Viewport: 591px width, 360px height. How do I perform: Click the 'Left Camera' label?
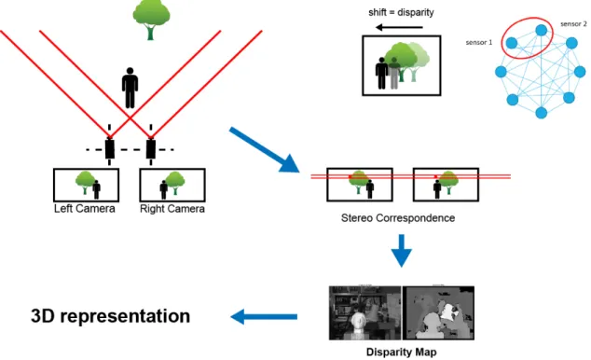85,209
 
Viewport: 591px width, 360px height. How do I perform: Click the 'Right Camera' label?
172,209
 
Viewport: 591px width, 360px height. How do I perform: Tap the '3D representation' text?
110,316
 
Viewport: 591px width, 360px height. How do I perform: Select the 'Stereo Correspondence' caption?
398,218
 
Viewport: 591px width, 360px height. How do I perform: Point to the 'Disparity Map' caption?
402,353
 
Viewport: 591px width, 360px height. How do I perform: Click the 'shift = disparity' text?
401,12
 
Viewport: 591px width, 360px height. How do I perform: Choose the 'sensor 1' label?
479,43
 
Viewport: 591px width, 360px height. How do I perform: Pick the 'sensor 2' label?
573,23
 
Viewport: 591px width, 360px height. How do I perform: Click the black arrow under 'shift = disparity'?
399,27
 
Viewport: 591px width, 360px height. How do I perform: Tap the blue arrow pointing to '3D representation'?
264,317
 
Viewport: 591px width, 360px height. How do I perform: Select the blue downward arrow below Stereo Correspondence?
402,251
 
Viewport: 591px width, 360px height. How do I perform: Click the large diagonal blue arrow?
265,150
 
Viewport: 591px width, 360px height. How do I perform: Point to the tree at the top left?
151,20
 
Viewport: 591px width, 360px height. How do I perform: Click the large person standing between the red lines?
130,88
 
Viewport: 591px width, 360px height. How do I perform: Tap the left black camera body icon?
110,149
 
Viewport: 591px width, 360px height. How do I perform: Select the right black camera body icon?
151,149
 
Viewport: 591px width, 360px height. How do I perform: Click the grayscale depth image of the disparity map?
438,312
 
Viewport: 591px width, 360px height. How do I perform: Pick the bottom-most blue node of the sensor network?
542,112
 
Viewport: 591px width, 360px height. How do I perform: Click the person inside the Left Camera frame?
97,189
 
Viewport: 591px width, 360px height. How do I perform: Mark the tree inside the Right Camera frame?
175,183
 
